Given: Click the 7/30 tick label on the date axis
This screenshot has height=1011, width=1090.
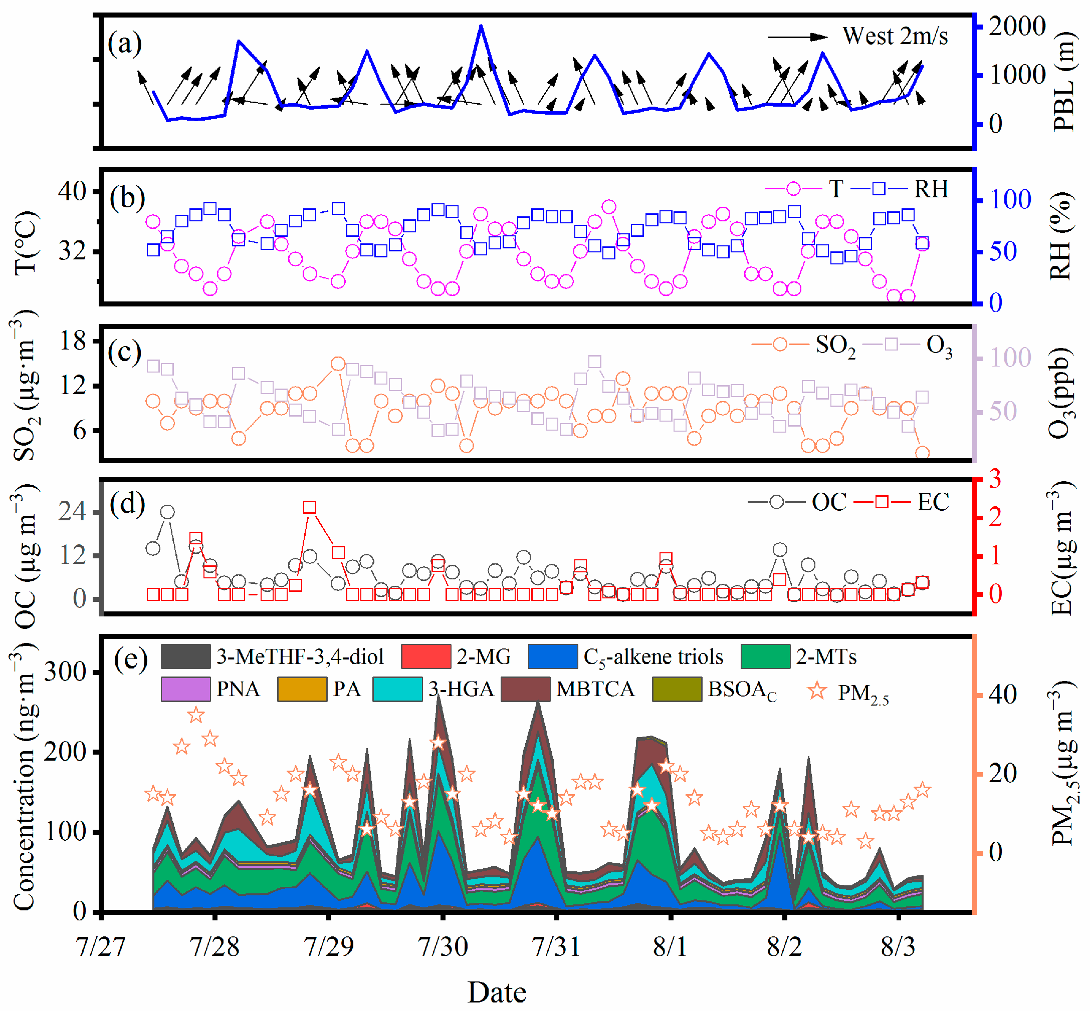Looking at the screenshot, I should [x=443, y=946].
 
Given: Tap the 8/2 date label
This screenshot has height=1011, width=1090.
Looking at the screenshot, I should [x=784, y=946].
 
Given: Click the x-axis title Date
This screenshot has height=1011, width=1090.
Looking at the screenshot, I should [x=497, y=992].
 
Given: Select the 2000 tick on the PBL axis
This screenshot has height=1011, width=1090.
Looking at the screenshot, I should [x=1017, y=26].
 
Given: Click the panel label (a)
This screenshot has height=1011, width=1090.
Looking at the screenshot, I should [x=124, y=44].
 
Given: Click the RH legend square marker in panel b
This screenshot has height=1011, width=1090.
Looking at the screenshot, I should [x=879, y=189].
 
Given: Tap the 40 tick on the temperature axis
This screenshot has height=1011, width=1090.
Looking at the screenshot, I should [x=72, y=191].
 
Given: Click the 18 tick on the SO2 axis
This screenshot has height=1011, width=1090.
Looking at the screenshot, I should [x=73, y=341].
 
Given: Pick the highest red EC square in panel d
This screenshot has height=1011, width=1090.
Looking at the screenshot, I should [x=310, y=507].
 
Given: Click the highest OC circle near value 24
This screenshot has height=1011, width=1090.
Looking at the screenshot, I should [x=167, y=512].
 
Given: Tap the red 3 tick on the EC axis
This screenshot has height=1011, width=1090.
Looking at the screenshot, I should [x=995, y=479].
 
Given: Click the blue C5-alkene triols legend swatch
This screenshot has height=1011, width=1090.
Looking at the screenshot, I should [x=553, y=656].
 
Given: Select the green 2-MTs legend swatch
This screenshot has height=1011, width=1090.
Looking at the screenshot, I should [x=765, y=656].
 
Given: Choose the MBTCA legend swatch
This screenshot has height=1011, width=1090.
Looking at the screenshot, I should [x=526, y=689].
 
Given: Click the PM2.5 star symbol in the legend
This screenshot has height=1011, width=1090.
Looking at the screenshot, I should [x=817, y=691].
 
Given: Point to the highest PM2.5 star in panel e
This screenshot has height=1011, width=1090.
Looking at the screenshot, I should [x=196, y=715].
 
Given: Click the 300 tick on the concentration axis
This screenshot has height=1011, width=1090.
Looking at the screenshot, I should [x=65, y=671].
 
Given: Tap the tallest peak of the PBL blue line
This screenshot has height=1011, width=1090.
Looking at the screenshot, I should [x=481, y=26].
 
